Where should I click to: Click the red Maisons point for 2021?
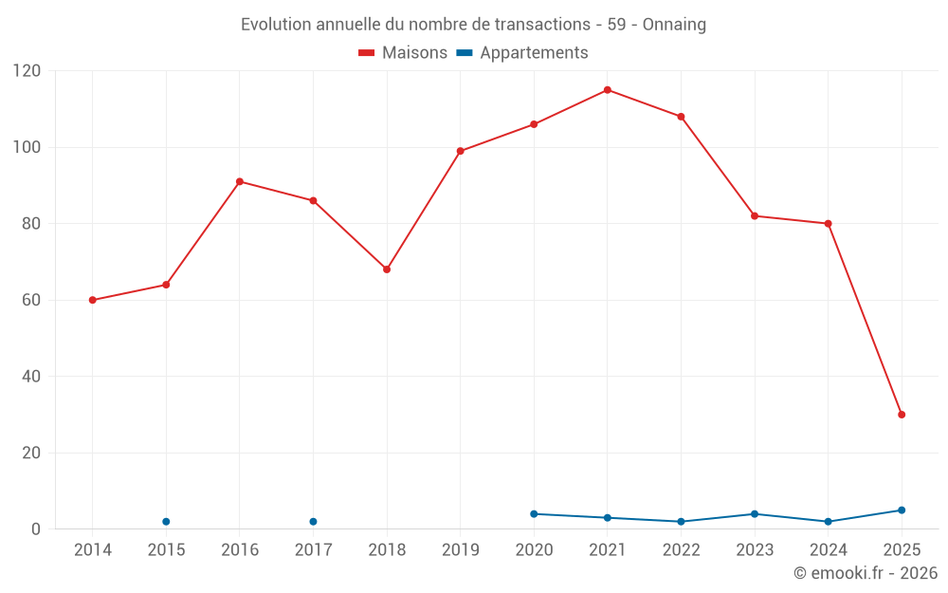tap(608, 90)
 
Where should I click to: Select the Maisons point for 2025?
tap(902, 415)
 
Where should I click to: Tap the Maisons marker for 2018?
tap(387, 269)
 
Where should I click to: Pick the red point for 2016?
tap(240, 181)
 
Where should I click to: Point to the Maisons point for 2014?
tap(92, 300)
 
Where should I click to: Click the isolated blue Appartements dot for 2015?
tap(166, 522)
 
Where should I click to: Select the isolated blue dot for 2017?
tap(313, 522)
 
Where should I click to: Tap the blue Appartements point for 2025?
tap(902, 510)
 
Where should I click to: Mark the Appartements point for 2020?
tap(534, 514)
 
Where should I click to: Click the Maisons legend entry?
tap(403, 53)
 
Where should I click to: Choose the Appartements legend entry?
tap(522, 53)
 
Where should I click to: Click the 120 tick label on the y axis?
tap(27, 71)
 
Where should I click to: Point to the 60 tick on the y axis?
tap(31, 300)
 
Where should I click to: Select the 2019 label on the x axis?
tap(460, 550)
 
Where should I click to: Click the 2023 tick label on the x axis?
tap(755, 550)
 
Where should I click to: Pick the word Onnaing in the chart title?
tap(674, 25)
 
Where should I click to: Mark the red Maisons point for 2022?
tap(681, 117)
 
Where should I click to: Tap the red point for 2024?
tap(828, 224)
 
